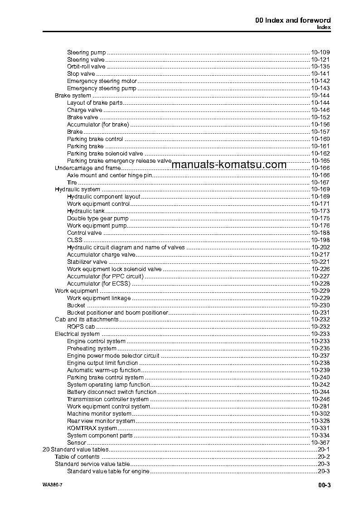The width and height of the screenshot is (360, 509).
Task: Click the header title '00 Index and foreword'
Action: click(x=293, y=20)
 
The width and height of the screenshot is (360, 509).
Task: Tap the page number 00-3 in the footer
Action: click(x=324, y=486)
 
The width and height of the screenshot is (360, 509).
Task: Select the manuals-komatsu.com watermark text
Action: click(x=229, y=165)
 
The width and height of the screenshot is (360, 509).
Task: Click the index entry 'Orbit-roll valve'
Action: click(x=86, y=67)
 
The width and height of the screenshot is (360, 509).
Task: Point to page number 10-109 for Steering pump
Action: click(x=320, y=52)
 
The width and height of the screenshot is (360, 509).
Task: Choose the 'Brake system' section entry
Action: click(x=73, y=96)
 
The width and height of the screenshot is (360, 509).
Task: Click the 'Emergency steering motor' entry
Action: click(x=102, y=81)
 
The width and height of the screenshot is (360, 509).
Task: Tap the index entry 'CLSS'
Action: click(x=75, y=240)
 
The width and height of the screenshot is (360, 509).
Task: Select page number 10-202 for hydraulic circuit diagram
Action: click(x=320, y=247)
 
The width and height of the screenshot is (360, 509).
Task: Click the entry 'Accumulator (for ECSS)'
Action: click(x=98, y=283)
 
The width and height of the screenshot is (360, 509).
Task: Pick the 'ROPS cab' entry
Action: click(x=81, y=326)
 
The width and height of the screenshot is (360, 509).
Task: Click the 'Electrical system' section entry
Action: click(x=77, y=334)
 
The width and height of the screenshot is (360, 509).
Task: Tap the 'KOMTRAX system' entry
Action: click(x=92, y=428)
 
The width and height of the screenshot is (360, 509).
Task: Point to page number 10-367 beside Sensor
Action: click(x=320, y=442)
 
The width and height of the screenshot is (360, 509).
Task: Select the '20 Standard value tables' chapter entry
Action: click(x=75, y=450)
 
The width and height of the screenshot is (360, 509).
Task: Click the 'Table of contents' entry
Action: click(x=77, y=457)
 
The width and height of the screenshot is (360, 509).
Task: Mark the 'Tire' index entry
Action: click(x=72, y=182)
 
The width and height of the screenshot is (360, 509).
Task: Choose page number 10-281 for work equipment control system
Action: click(x=320, y=406)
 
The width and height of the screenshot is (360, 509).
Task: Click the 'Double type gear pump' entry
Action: click(x=97, y=218)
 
